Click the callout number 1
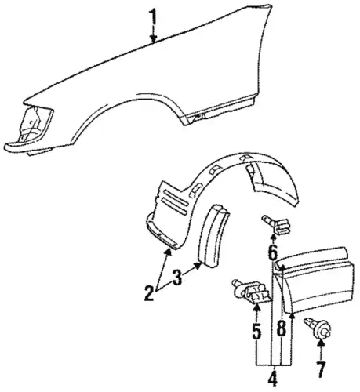[x=154, y=17]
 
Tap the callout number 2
[x=149, y=293]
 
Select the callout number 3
[x=177, y=278]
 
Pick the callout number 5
[x=256, y=332]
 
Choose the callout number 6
[x=273, y=253]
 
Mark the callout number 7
[x=322, y=370]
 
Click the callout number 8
[x=282, y=328]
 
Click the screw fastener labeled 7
[x=318, y=328]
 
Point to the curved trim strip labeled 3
[x=213, y=235]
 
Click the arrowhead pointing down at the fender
[x=154, y=38]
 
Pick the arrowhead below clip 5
[x=257, y=308]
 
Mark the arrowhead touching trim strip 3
[x=198, y=265]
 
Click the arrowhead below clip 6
[x=273, y=238]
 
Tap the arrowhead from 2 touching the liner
[x=169, y=252]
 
